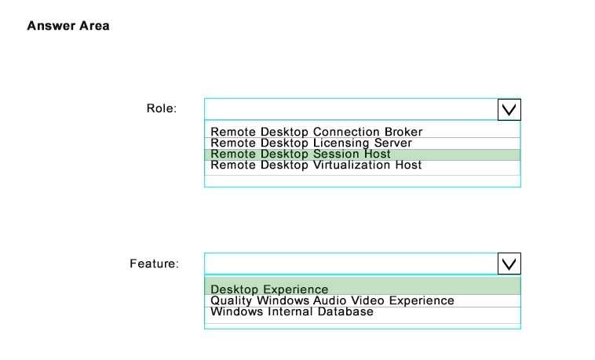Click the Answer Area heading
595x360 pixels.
[x=68, y=26]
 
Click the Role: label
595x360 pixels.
[x=162, y=108]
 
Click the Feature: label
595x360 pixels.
[x=154, y=264]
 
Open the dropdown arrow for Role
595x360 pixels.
[x=509, y=110]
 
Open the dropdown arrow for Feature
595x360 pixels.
[x=509, y=264]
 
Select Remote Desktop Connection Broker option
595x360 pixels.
[x=316, y=132]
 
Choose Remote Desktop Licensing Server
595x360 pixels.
[x=311, y=143]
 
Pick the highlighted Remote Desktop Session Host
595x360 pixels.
[x=301, y=154]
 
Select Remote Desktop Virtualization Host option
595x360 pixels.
[x=316, y=165]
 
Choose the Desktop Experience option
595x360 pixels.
[x=269, y=289]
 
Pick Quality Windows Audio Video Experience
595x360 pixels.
[x=332, y=300]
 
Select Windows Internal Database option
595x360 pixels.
[x=292, y=311]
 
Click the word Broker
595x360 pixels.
[x=403, y=132]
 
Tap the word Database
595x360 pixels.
[x=345, y=311]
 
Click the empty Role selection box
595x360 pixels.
[x=351, y=110]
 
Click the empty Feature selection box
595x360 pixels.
[x=351, y=264]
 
